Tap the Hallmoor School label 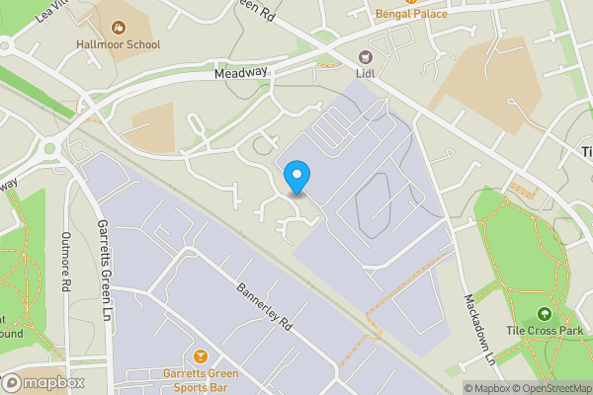118,44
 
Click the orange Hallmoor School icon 120,28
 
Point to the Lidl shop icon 365,55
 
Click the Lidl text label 365,72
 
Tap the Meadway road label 241,72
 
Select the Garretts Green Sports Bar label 202,380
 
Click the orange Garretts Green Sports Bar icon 202,355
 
